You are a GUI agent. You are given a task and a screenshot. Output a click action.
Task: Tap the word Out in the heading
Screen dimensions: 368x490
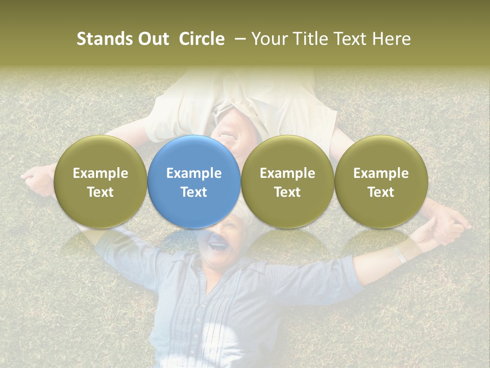(152, 39)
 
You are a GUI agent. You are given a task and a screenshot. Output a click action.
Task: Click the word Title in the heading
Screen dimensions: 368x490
(311, 39)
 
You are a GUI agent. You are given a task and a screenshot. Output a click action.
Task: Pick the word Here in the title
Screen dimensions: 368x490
(391, 39)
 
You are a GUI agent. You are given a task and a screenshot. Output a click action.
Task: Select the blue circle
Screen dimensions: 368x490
(193, 181)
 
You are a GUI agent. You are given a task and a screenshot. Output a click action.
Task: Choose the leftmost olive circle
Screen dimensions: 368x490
(100, 181)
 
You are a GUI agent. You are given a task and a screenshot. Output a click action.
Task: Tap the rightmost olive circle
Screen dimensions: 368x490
(381, 181)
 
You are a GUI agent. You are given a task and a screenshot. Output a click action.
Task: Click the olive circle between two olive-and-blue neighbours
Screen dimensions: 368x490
(287, 181)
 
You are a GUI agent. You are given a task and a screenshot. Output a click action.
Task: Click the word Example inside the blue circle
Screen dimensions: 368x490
(193, 173)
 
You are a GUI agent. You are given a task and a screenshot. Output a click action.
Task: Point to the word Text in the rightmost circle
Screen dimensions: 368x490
(381, 192)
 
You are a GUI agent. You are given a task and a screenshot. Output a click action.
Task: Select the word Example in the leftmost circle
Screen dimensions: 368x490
(100, 173)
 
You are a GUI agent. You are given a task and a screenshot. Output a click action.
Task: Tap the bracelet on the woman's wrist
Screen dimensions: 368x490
(400, 254)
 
